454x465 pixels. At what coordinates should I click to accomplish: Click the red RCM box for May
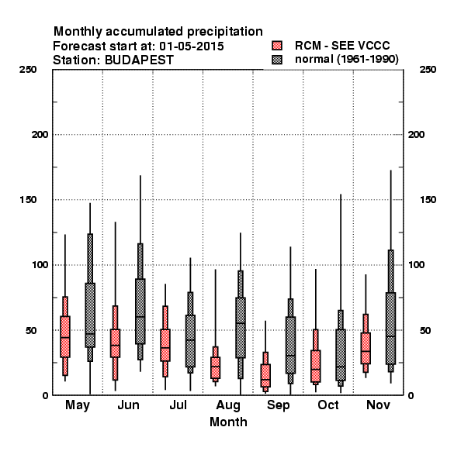coord(65,336)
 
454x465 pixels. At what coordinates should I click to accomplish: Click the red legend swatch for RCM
coord(277,46)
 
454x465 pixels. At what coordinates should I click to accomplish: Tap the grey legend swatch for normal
coord(277,60)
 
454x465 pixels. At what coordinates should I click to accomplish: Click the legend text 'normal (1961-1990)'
coord(346,59)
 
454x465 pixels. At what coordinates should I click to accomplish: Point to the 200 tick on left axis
coord(40,135)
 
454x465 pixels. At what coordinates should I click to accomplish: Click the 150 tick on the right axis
coord(428,200)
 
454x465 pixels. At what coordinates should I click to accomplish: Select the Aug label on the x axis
coord(228,405)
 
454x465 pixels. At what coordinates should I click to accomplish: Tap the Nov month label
coord(378,405)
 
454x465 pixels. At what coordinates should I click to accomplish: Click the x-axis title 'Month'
coord(228,422)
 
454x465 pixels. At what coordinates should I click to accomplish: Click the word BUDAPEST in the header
coord(139,60)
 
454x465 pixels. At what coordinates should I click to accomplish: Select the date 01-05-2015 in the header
coord(192,46)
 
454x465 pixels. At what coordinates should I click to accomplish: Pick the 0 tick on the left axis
coord(45,395)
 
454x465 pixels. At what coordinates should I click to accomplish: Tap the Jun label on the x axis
coord(128,405)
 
